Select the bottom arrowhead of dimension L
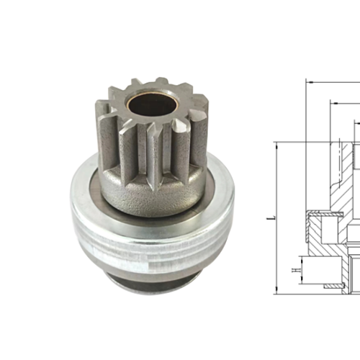pos(276,291)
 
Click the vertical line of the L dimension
pos(276,187)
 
